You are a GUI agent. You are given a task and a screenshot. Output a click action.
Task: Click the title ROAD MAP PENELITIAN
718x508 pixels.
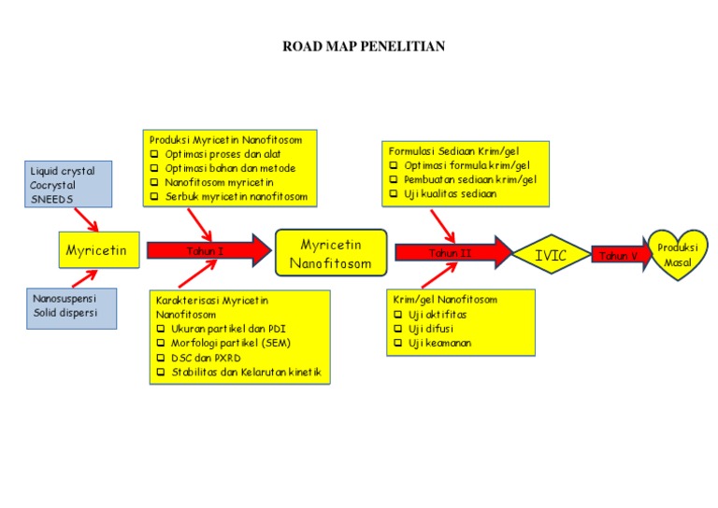[364, 46]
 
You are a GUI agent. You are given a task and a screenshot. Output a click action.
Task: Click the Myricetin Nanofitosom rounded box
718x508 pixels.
[330, 253]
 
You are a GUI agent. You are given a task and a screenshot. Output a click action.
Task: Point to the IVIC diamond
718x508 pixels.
[551, 255]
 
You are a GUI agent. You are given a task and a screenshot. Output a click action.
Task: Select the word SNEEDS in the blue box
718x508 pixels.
[52, 200]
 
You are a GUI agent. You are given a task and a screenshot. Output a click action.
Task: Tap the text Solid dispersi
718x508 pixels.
[65, 313]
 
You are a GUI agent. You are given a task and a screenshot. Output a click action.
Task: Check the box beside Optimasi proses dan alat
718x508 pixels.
[156, 154]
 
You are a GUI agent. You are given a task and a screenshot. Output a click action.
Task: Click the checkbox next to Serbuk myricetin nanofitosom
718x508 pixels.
[156, 197]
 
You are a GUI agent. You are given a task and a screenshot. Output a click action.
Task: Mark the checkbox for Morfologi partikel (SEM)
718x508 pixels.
[161, 344]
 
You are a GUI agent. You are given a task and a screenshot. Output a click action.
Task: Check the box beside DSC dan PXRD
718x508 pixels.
[161, 358]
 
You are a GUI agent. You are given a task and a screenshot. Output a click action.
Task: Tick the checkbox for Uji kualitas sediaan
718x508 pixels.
[395, 194]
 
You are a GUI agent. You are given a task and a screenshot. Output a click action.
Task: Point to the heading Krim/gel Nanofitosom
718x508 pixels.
[444, 300]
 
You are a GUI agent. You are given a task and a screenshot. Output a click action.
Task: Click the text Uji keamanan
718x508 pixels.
[439, 344]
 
